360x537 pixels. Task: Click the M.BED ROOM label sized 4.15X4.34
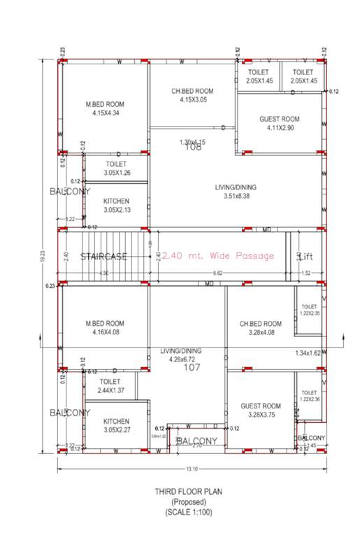tap(105, 108)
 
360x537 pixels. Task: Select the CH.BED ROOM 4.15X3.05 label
tap(192, 95)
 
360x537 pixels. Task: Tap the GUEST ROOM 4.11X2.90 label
tap(279, 123)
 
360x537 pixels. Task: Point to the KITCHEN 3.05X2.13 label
tap(116, 205)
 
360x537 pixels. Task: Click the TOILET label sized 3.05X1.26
tap(116, 167)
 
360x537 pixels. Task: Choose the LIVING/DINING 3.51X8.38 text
tap(236, 191)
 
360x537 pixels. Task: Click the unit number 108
tap(192, 148)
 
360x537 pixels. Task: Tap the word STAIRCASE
tap(103, 257)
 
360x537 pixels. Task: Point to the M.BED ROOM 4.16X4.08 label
tap(105, 327)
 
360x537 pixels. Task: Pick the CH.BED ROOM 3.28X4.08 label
tap(260, 327)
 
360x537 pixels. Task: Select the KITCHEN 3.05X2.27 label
tap(116, 425)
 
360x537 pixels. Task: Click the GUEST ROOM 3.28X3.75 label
tap(260, 410)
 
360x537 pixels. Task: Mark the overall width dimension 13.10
tap(191, 469)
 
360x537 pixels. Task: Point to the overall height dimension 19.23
tap(43, 255)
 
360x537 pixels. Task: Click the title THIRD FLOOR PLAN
tap(189, 492)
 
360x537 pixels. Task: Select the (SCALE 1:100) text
tap(189, 512)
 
